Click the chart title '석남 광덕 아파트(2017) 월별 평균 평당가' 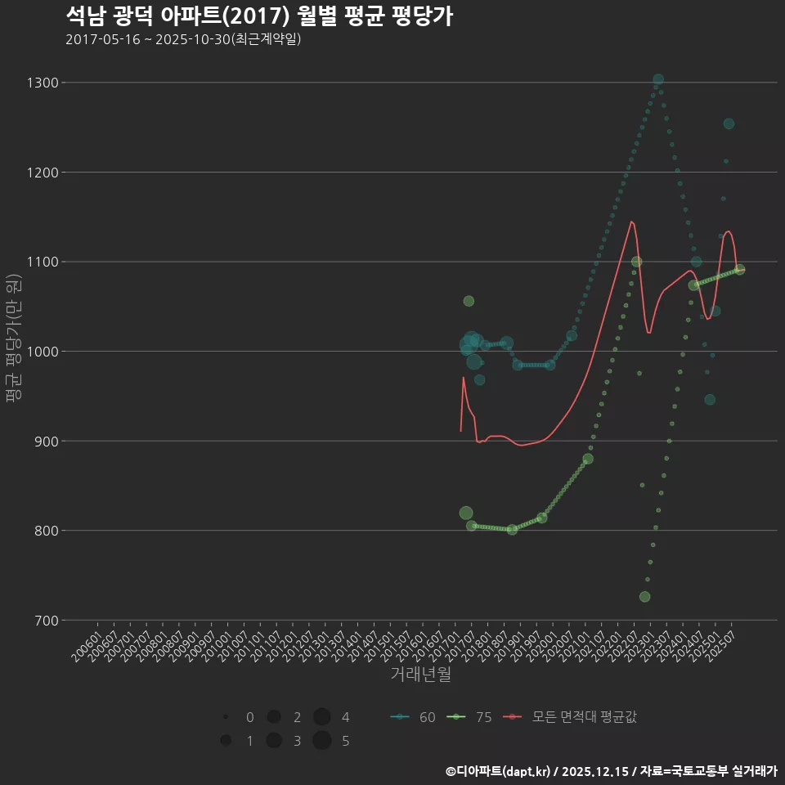(258, 16)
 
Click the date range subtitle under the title (183, 39)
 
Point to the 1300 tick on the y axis (43, 83)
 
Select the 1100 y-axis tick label (43, 262)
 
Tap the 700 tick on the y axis (47, 620)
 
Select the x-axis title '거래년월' (420, 674)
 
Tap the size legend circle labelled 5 (321, 741)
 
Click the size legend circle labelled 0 (225, 717)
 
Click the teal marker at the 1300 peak (658, 80)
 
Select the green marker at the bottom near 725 (644, 597)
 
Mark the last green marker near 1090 (739, 270)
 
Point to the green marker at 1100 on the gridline (636, 262)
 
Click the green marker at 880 (588, 459)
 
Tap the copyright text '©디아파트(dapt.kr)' (497, 771)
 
